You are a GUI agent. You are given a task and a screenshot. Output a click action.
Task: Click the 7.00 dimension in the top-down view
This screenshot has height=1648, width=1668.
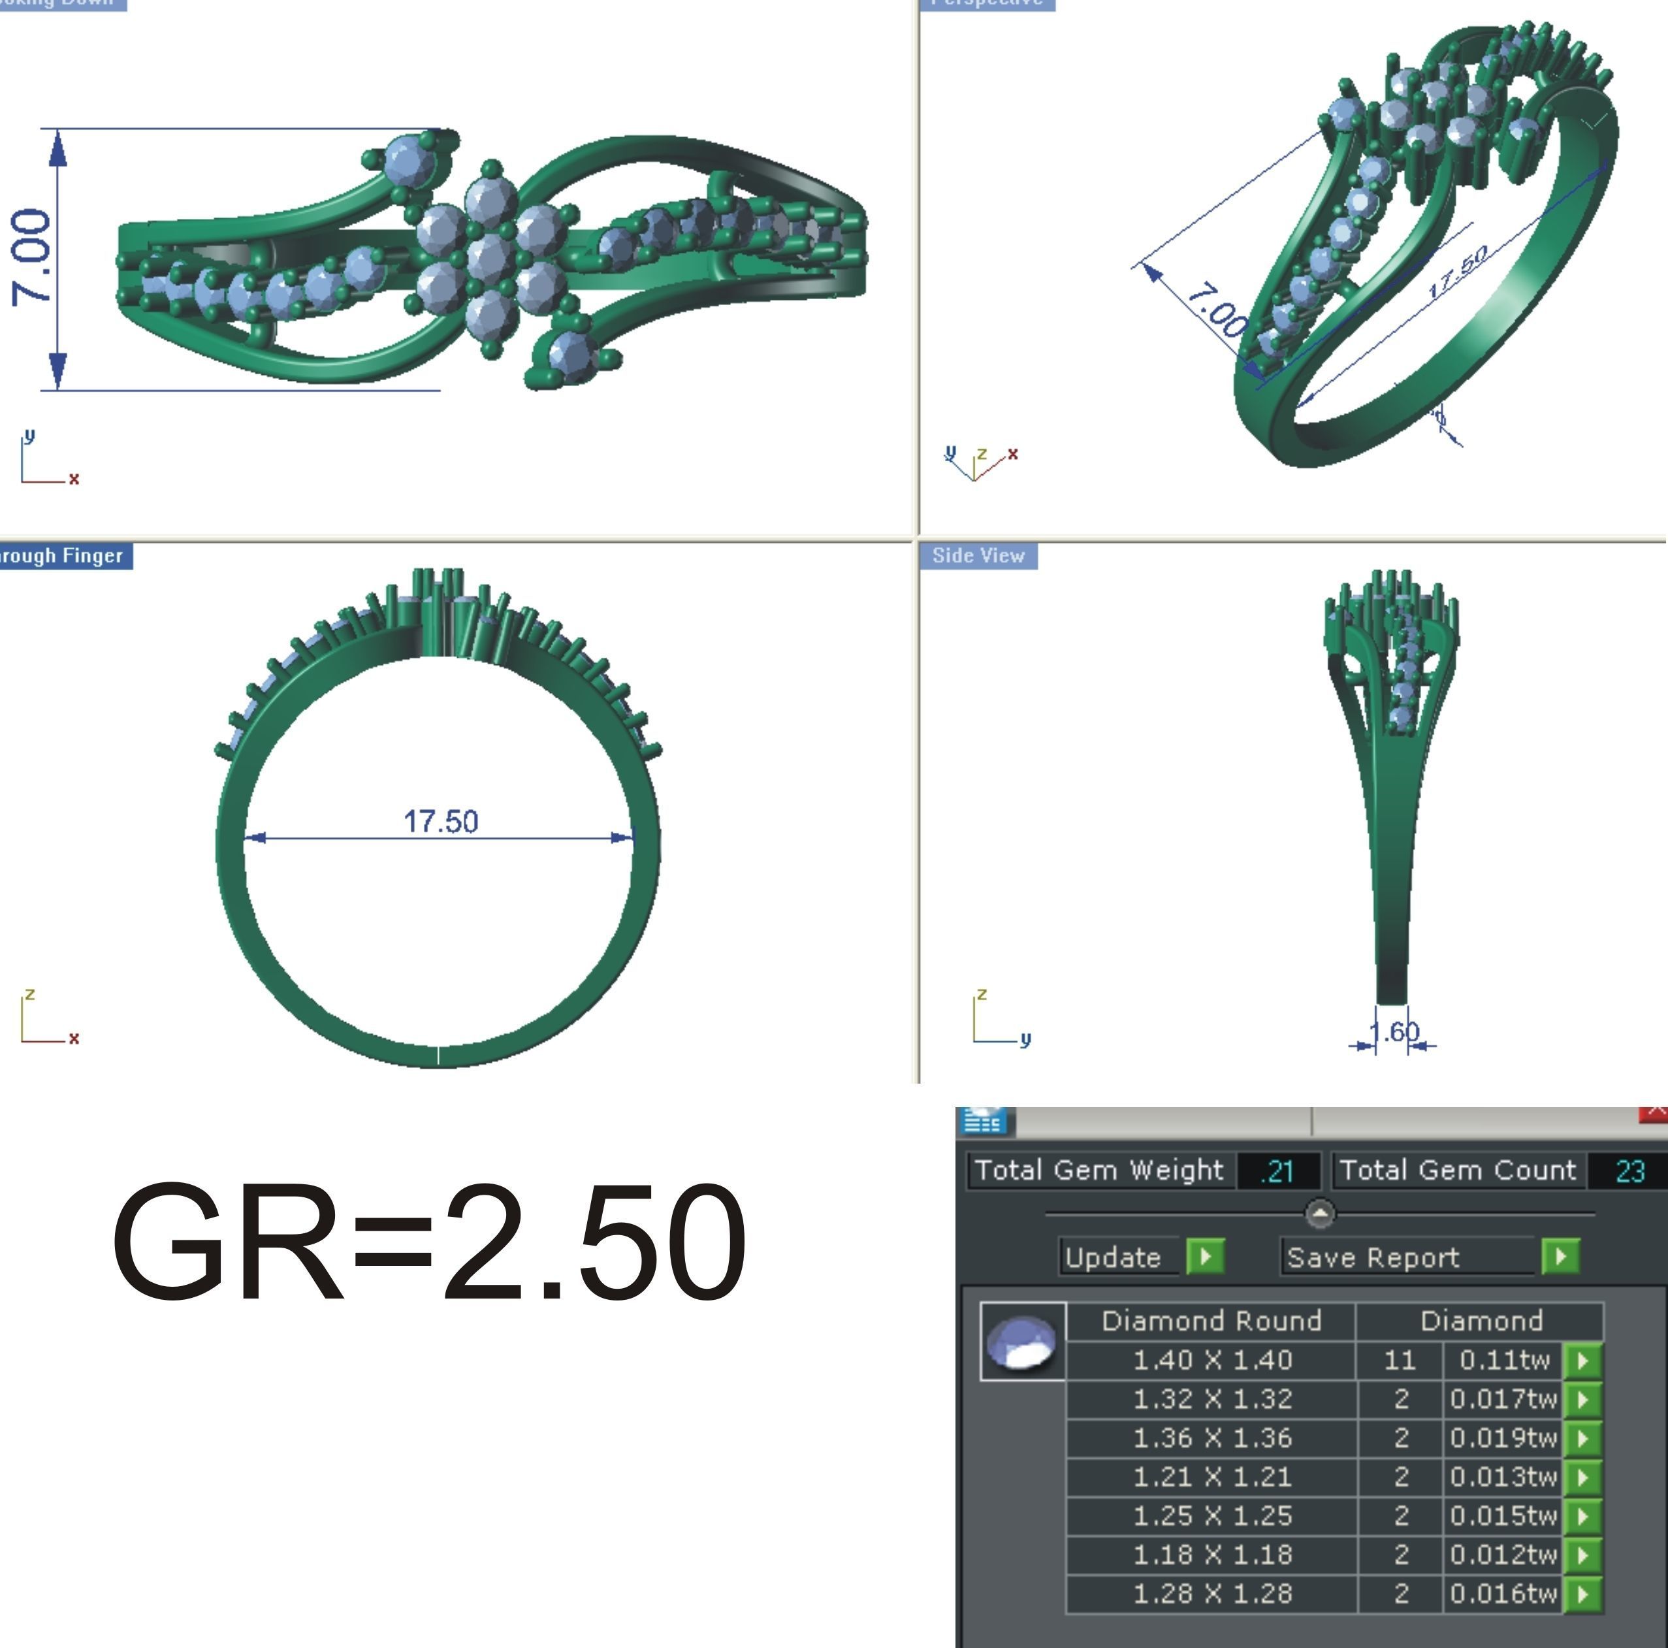(x=31, y=257)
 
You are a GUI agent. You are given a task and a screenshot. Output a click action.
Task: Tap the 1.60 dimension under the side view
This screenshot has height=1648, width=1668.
(x=1394, y=1031)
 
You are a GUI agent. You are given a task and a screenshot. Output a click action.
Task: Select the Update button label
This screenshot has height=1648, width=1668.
(x=1113, y=1257)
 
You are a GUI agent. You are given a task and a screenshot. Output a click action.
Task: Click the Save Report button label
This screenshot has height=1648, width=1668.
(x=1373, y=1257)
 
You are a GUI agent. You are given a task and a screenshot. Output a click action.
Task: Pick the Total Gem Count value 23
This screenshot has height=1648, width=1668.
(x=1629, y=1171)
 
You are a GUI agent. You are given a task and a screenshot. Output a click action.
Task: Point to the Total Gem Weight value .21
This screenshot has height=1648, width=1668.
(x=1277, y=1171)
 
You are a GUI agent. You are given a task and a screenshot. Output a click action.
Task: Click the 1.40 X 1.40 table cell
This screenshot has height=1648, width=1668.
(x=1211, y=1361)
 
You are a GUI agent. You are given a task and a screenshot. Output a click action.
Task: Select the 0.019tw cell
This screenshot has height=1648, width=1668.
(x=1502, y=1438)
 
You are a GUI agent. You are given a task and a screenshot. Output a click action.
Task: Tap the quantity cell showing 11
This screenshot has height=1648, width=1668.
(x=1400, y=1361)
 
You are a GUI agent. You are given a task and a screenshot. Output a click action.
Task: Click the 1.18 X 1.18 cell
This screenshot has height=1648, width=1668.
(x=1211, y=1555)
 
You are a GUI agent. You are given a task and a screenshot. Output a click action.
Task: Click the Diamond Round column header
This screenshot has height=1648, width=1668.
(x=1211, y=1321)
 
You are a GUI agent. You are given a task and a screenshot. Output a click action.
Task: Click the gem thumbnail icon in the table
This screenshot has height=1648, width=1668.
(x=1022, y=1342)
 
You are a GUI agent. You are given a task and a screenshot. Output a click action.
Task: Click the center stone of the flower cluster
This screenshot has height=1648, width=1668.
(x=490, y=258)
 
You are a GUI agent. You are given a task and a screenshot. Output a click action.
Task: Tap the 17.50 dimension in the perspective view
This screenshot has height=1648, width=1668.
(x=1457, y=271)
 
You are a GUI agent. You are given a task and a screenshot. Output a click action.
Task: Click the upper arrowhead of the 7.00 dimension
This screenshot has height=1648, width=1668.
(x=58, y=148)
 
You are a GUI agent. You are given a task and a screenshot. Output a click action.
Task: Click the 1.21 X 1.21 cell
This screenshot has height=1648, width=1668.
(x=1211, y=1477)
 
